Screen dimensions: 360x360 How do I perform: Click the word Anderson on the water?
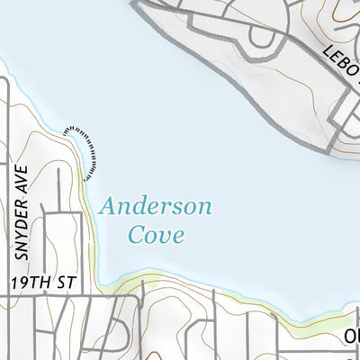click(x=157, y=207)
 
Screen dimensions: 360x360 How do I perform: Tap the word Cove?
click(x=156, y=236)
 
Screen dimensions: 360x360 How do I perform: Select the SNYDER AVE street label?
click(x=22, y=212)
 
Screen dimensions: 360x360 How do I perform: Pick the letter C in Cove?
click(x=136, y=236)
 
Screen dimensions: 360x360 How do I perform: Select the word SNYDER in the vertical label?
click(x=22, y=229)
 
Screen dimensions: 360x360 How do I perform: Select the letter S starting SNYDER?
click(x=22, y=255)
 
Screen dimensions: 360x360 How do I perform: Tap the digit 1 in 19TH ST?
click(x=15, y=283)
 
